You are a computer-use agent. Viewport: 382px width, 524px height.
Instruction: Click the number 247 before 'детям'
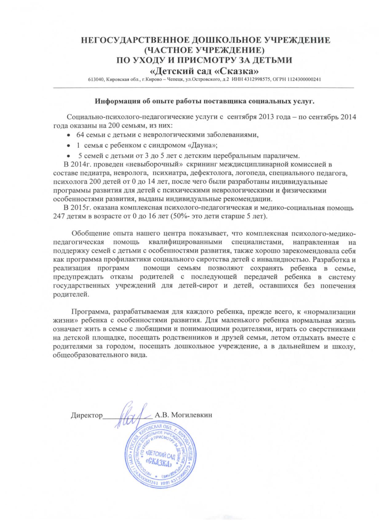59,216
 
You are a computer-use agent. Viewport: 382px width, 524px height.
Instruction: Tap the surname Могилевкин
191,415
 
